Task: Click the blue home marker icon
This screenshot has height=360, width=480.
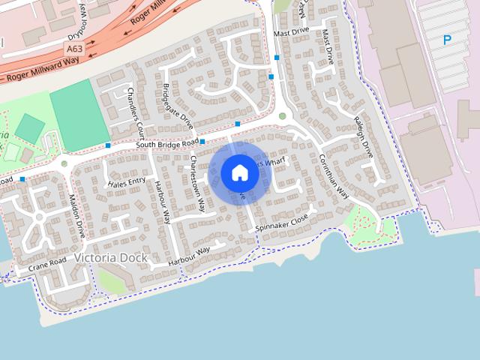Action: point(240,173)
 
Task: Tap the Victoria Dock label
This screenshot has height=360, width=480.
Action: point(110,258)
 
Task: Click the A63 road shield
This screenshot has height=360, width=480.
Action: point(73,48)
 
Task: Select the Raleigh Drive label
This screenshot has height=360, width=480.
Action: point(363,136)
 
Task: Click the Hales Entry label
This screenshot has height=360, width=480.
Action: point(127,182)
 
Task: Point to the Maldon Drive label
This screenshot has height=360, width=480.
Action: point(76,216)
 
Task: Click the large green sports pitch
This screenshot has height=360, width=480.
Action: point(74,114)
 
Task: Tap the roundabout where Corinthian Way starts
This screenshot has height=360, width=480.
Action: point(282,115)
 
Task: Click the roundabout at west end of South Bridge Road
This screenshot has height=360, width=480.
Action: point(64,163)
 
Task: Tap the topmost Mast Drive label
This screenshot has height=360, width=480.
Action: point(291,33)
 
